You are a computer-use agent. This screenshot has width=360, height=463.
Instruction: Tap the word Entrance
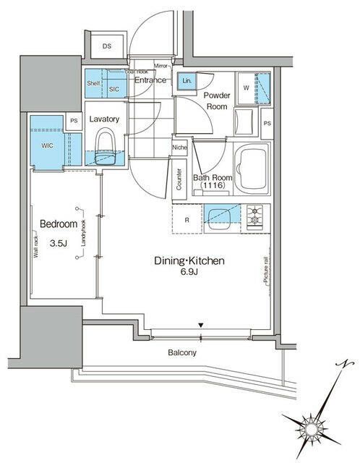[x=152, y=80]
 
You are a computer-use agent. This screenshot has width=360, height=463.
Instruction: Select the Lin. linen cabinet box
[x=187, y=80]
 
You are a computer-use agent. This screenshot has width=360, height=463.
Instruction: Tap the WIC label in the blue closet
[x=47, y=145]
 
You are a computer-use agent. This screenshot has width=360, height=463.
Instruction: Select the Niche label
[x=180, y=149]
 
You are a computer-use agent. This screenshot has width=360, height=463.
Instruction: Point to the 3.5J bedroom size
[x=58, y=244]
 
